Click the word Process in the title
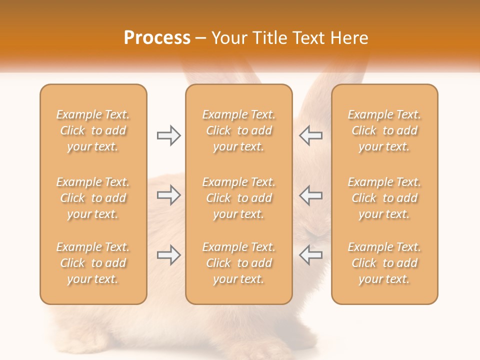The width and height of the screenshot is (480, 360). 157,38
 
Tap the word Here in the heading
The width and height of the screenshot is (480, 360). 349,38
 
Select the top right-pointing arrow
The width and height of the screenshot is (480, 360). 168,135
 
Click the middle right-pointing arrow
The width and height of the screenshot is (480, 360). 168,195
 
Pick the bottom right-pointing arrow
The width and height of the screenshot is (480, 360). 168,255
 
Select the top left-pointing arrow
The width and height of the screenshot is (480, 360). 310,135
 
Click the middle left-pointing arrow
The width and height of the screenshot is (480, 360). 310,195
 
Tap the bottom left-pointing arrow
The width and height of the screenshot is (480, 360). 310,255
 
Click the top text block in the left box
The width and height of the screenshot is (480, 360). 93,130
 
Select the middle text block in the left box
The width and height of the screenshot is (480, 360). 93,198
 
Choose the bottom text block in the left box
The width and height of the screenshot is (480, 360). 93,263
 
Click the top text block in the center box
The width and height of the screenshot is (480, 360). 239,130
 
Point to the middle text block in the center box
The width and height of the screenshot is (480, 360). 239,198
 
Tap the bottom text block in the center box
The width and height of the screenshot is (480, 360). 239,263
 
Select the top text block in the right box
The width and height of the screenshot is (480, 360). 384,130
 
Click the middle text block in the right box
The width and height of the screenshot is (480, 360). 384,198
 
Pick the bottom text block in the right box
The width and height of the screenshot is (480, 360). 384,263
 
